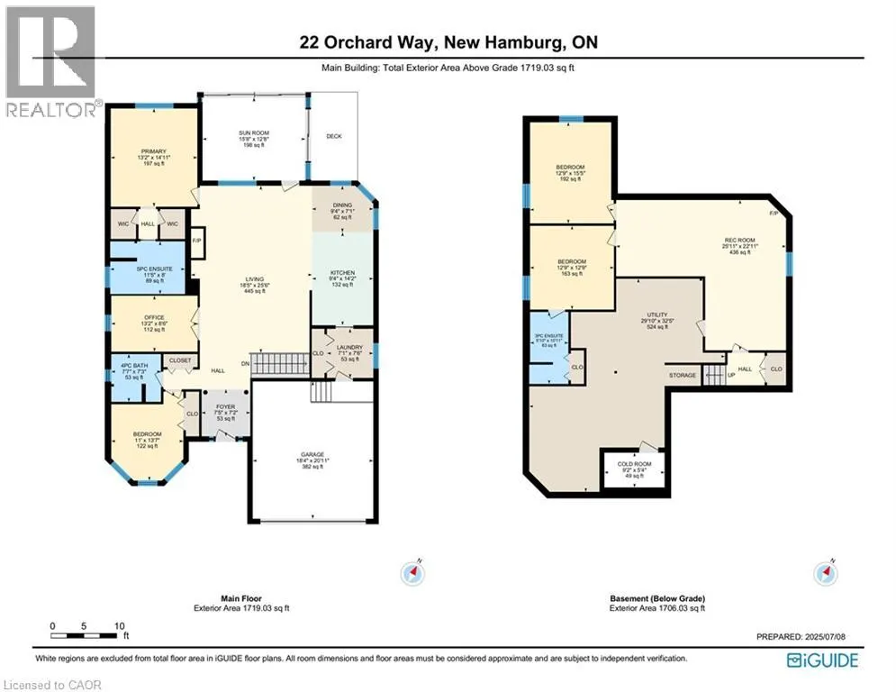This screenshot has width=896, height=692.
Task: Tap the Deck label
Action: (x=334, y=136)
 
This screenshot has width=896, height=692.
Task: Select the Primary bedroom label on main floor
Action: (x=152, y=151)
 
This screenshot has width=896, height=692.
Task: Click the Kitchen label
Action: (x=341, y=272)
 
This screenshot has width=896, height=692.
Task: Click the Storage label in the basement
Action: (x=681, y=374)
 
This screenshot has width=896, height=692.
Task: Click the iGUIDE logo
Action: (x=821, y=660)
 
